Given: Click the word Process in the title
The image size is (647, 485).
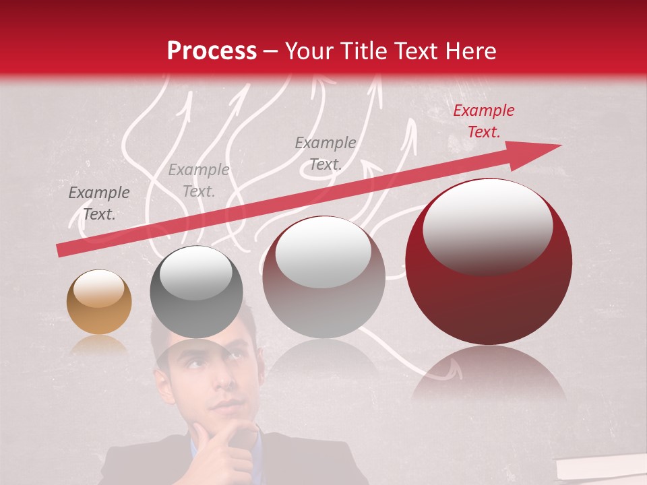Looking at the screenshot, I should click(x=212, y=51).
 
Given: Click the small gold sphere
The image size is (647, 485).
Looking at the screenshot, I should click(x=99, y=302).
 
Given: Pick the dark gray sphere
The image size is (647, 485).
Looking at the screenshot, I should click(x=196, y=292).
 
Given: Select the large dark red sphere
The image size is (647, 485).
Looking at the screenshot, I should click(x=488, y=261).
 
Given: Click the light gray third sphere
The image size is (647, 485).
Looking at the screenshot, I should click(x=323, y=278).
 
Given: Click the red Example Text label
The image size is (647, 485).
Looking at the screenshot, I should click(x=483, y=121).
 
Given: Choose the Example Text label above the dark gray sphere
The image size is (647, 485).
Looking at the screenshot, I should click(x=199, y=181).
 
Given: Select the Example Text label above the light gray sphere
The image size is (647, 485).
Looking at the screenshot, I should click(x=326, y=154).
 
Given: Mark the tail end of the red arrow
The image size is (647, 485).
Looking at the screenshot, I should click(x=59, y=250).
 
